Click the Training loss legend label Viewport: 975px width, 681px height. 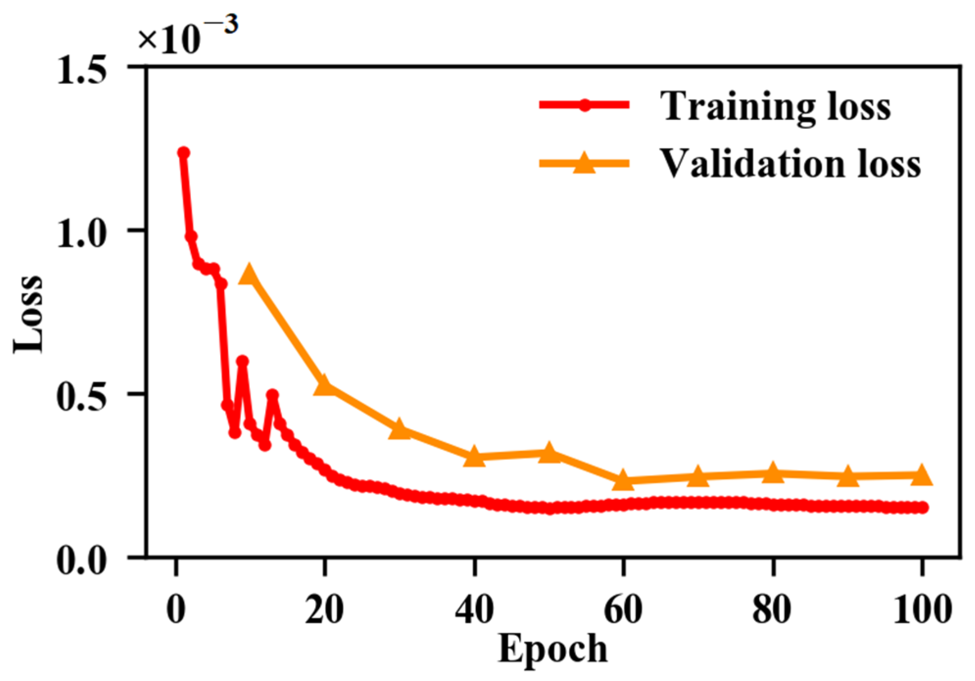[775, 106]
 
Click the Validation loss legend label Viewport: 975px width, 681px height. [790, 164]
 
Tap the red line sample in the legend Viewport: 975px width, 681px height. [584, 105]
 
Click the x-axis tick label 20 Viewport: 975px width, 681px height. [324, 610]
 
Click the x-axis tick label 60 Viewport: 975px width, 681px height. [623, 610]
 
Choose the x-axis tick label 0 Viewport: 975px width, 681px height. [176, 610]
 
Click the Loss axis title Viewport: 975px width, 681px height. [28, 314]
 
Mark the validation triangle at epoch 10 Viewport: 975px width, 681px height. [249, 275]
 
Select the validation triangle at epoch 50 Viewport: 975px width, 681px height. [549, 453]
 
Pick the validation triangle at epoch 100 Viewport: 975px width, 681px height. [922, 475]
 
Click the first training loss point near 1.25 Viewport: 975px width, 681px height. [183, 153]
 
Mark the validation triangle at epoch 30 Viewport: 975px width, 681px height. [399, 429]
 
